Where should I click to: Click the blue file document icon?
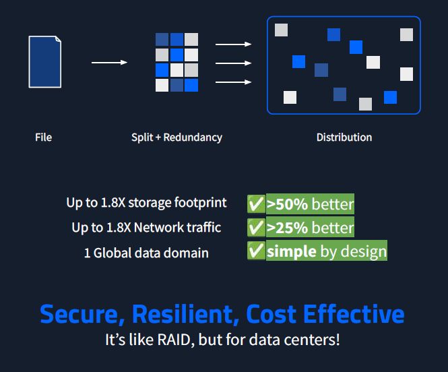click(x=45, y=62)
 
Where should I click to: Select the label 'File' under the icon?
click(x=44, y=137)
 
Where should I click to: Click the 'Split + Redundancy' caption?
click(x=177, y=137)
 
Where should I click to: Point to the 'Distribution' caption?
click(x=344, y=137)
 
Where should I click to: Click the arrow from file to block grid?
click(x=109, y=63)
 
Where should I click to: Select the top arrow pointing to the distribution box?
click(x=233, y=44)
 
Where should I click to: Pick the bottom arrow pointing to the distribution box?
click(x=233, y=82)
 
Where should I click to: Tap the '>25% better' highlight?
click(x=310, y=228)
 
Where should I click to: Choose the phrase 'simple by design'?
click(x=327, y=251)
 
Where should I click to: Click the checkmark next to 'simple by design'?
click(x=256, y=251)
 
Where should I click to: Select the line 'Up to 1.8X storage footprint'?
click(x=146, y=202)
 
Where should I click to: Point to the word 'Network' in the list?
click(x=158, y=227)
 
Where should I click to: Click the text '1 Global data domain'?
click(x=146, y=253)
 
